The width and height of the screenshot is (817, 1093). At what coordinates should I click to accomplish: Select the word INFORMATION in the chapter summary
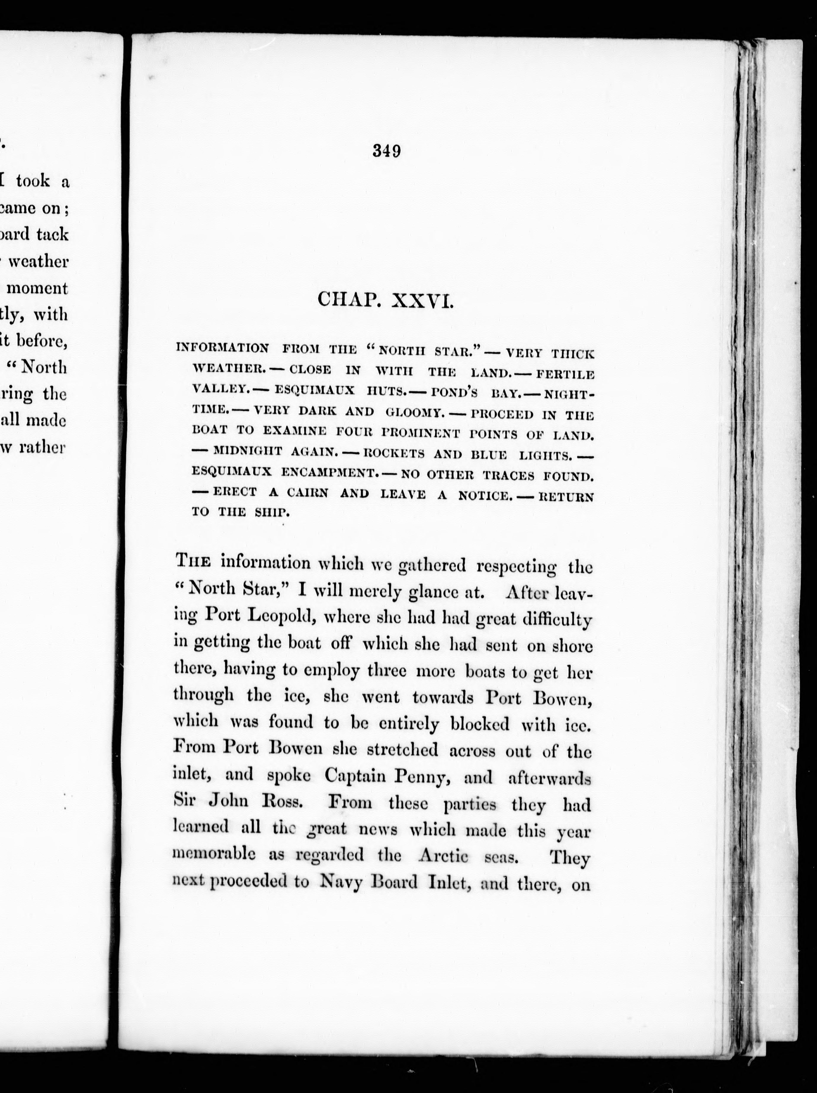click(222, 348)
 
